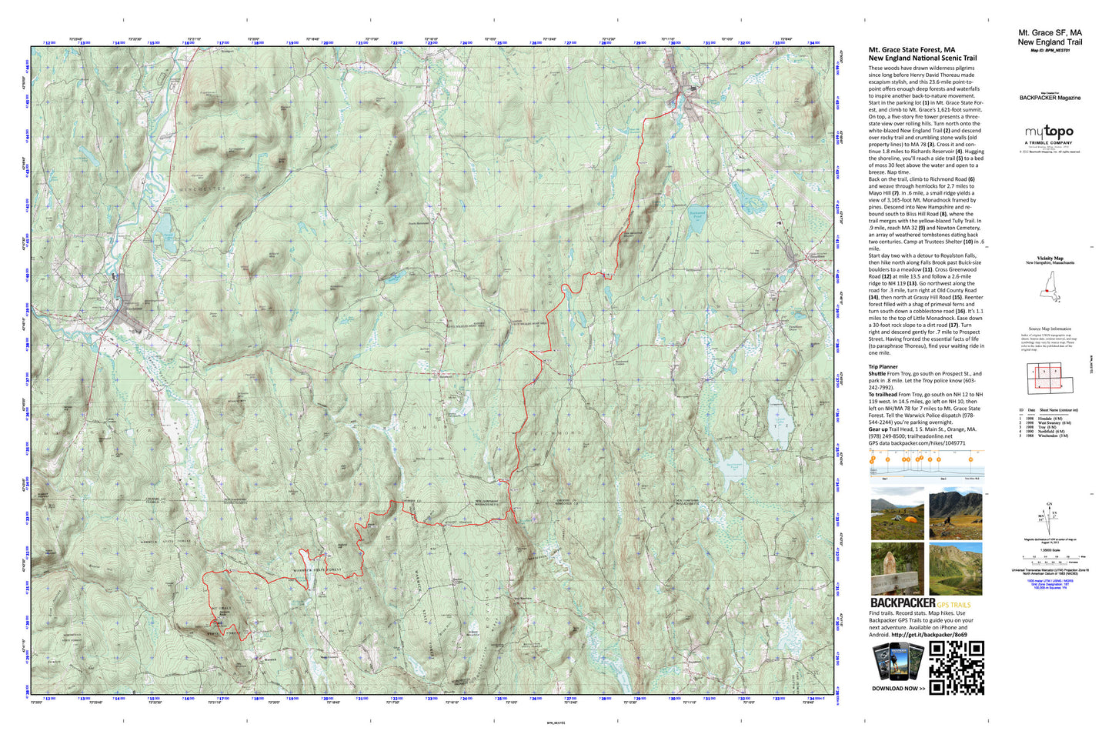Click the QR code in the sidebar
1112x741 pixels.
point(957,668)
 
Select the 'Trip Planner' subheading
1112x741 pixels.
point(883,367)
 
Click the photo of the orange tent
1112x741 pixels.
point(897,514)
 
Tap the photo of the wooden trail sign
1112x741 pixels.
point(897,569)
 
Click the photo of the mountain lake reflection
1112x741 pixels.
point(955,569)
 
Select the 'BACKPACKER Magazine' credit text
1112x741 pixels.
point(1050,98)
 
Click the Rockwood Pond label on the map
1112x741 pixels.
point(697,215)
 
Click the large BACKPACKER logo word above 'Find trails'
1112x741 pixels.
point(903,602)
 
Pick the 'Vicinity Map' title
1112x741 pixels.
point(1050,259)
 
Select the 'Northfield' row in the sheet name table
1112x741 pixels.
point(1050,432)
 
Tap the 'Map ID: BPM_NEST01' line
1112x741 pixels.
point(1050,51)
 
